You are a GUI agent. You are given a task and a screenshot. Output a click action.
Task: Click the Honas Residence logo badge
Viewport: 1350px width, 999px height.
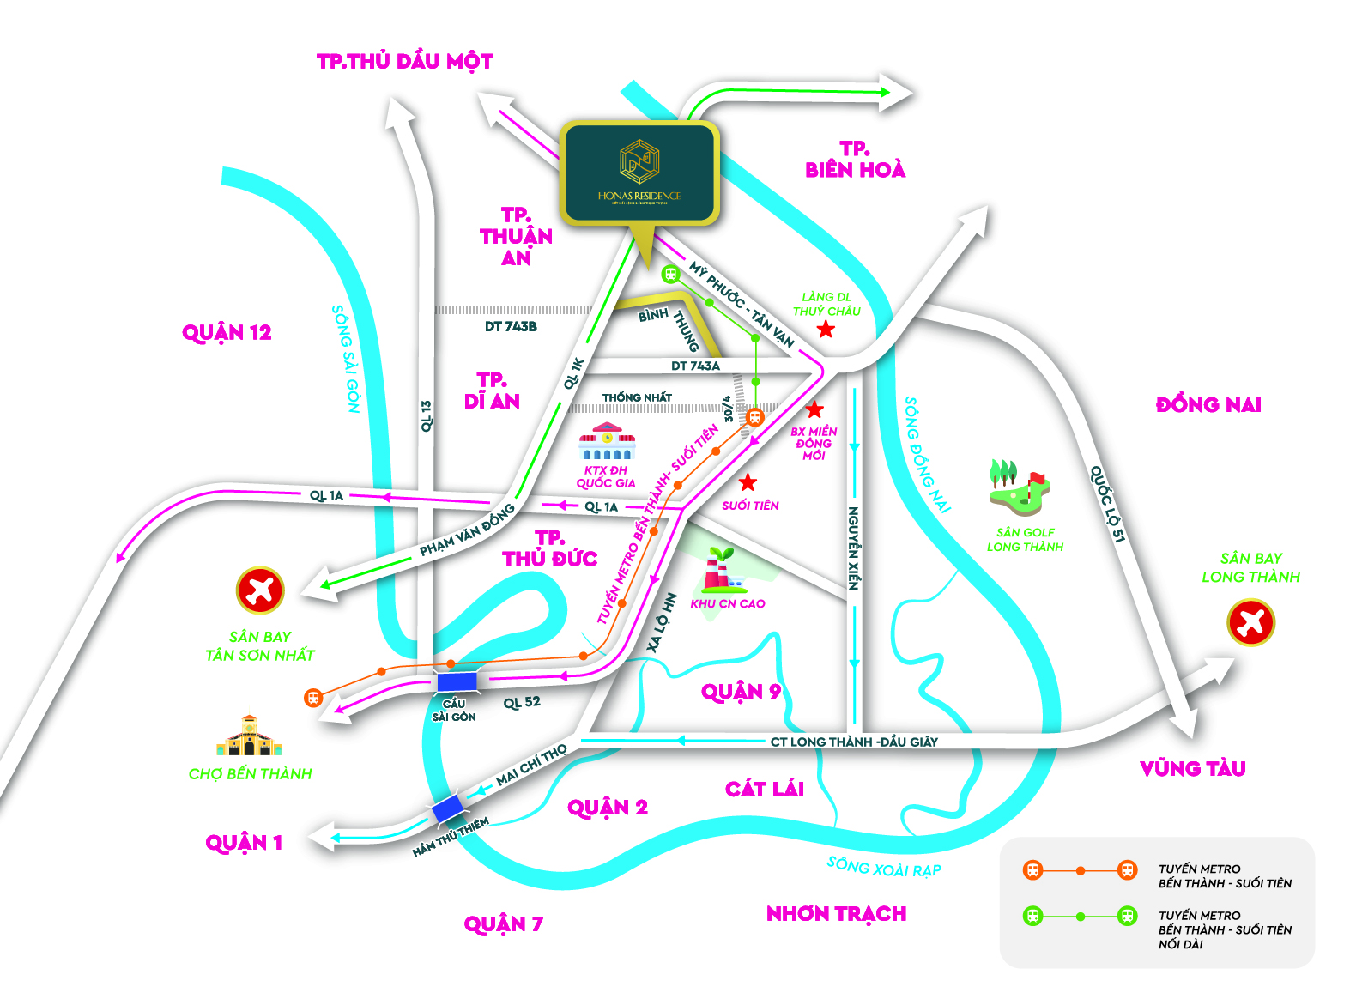pyautogui.click(x=639, y=172)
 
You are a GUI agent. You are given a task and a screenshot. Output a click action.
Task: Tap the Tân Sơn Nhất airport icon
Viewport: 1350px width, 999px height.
pyautogui.click(x=259, y=590)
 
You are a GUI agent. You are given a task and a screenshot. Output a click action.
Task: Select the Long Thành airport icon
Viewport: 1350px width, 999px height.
pyautogui.click(x=1250, y=622)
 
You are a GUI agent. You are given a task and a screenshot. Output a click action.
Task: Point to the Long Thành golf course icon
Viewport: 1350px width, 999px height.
pyautogui.click(x=1019, y=487)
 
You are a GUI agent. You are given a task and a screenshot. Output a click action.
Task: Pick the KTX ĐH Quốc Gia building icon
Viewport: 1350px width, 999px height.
pyautogui.click(x=607, y=442)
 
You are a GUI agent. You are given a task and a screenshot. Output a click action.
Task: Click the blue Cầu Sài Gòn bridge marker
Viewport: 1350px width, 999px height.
pyautogui.click(x=456, y=682)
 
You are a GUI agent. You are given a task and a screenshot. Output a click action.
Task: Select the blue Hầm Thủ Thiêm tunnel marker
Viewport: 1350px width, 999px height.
pyautogui.click(x=447, y=808)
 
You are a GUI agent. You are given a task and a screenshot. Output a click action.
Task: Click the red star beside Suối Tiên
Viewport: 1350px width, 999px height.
pyautogui.click(x=748, y=482)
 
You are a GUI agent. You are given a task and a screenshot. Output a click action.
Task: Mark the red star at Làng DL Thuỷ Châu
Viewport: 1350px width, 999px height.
pyautogui.click(x=826, y=330)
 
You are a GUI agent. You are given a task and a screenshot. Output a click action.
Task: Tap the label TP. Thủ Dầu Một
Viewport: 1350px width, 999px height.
pyautogui.click(x=405, y=61)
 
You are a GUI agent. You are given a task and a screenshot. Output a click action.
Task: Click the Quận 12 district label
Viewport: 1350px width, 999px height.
pyautogui.click(x=227, y=332)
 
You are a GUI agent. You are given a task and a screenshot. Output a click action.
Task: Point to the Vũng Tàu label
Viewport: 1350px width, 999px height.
pyautogui.click(x=1192, y=768)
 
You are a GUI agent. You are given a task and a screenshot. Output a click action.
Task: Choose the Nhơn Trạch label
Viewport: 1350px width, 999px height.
pyautogui.click(x=836, y=913)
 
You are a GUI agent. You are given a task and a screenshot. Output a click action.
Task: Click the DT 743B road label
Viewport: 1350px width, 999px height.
pyautogui.click(x=511, y=326)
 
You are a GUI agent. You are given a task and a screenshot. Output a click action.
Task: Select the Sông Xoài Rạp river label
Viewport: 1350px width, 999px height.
pyautogui.click(x=883, y=868)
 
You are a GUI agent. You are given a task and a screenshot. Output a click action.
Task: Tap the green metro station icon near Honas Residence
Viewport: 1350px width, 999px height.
pyautogui.click(x=670, y=274)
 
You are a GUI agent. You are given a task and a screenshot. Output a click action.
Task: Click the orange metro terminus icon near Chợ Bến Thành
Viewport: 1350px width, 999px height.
pyautogui.click(x=313, y=698)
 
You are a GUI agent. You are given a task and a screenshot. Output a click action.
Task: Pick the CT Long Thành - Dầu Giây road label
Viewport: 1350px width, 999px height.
pyautogui.click(x=853, y=742)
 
